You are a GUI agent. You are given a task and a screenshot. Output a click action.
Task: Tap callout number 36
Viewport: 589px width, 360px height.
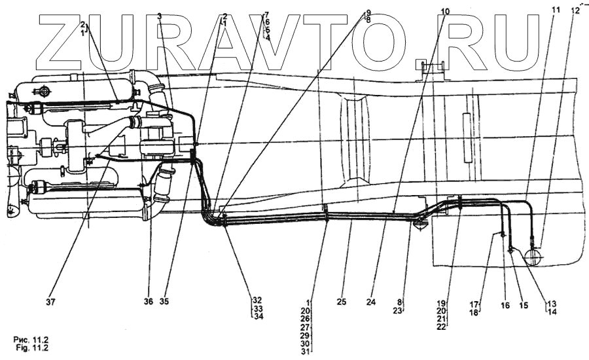coord(149,302)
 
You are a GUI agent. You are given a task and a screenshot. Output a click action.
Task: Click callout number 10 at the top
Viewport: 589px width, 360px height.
coord(445,11)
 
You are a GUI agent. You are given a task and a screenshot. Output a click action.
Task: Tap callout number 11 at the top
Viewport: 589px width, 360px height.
coord(556,10)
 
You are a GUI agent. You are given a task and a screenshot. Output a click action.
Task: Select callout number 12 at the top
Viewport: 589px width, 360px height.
coord(575,10)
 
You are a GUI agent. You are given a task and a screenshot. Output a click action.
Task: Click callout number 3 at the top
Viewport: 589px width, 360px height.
coord(160,15)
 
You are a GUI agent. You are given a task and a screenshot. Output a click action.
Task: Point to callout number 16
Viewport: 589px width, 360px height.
coord(505,305)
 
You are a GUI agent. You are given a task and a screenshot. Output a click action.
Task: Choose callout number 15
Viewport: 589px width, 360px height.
coord(523,305)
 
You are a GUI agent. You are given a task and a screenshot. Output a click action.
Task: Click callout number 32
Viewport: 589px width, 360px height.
coord(258,301)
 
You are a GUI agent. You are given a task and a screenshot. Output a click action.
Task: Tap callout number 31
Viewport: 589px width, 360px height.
coord(305,351)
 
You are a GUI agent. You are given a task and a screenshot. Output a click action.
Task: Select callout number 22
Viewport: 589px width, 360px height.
coord(442,327)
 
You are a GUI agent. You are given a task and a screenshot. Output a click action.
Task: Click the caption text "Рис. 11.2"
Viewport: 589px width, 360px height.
coord(31,339)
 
